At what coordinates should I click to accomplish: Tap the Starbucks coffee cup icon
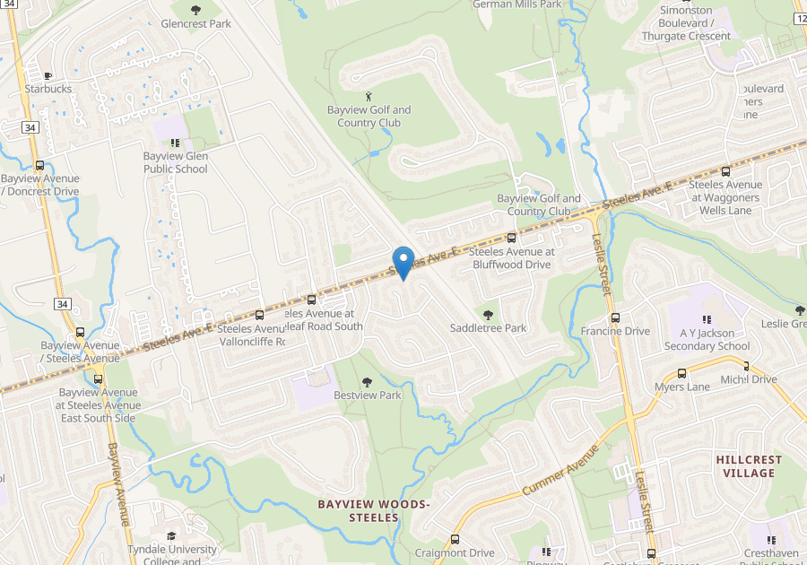pos(48,74)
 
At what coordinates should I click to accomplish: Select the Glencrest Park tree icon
pos(195,10)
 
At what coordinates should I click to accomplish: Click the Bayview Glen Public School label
pos(176,162)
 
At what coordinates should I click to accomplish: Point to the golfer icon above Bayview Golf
pos(369,96)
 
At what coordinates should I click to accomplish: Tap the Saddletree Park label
pos(488,328)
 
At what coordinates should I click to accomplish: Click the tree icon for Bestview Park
pos(366,382)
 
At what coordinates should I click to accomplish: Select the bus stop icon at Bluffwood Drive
pos(512,239)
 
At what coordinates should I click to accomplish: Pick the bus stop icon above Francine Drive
pos(614,317)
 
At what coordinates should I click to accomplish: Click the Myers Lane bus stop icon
pos(681,373)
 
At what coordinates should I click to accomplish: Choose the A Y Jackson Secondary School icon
pos(707,319)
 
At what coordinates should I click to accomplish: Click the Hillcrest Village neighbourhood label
pos(749,466)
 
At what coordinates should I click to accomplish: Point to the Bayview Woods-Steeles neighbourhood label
pos(374,510)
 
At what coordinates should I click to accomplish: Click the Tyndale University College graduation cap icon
pos(171,536)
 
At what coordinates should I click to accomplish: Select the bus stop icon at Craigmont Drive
pos(455,540)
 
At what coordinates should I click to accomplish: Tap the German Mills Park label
pos(516,4)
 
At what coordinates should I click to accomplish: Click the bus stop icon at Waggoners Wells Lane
pos(725,171)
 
